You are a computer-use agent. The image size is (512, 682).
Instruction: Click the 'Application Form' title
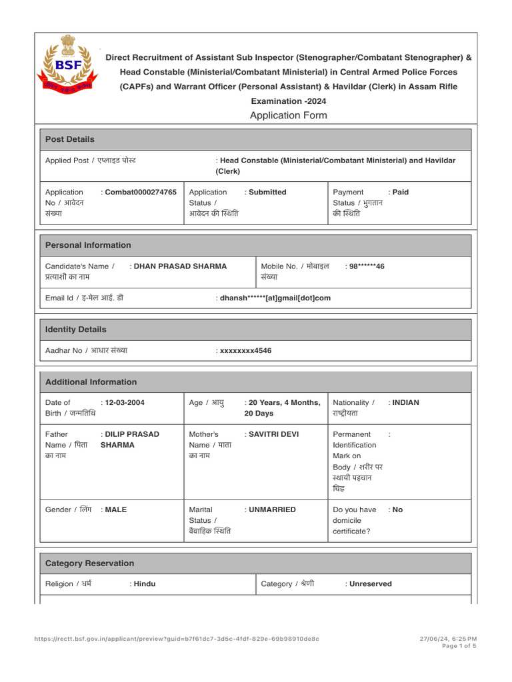coord(288,115)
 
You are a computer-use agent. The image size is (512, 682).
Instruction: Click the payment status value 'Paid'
coord(400,192)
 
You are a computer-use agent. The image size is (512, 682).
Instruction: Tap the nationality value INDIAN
coord(405,402)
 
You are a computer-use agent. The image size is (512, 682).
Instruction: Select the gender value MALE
coord(115,510)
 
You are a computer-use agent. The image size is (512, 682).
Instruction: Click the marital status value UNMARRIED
coord(271,510)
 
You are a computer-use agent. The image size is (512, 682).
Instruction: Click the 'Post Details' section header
coord(69,139)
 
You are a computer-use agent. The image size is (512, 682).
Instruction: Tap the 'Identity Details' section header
coord(75,330)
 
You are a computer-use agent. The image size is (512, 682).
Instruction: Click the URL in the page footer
coord(177,639)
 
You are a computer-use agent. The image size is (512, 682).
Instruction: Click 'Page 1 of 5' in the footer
coord(459,645)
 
